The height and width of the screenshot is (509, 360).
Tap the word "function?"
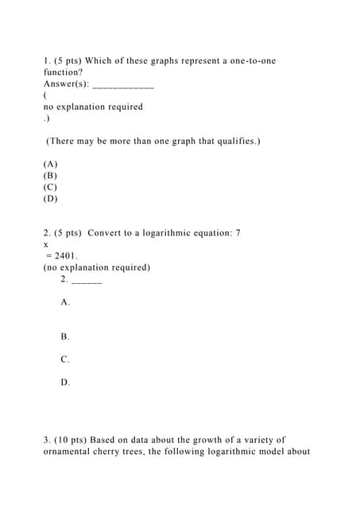(x=63, y=72)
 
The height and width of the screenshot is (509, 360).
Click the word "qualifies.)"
(x=237, y=141)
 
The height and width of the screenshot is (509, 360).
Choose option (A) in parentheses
(x=50, y=164)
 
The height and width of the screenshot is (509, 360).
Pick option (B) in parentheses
(x=50, y=175)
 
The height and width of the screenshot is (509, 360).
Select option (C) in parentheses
(x=50, y=187)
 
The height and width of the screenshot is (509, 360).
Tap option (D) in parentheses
(x=50, y=199)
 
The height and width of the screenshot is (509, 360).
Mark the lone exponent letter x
(x=46, y=245)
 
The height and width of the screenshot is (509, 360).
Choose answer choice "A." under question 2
(x=65, y=302)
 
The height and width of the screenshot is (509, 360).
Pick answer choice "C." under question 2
(x=65, y=359)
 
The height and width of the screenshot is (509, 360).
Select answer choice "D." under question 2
(x=65, y=383)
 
